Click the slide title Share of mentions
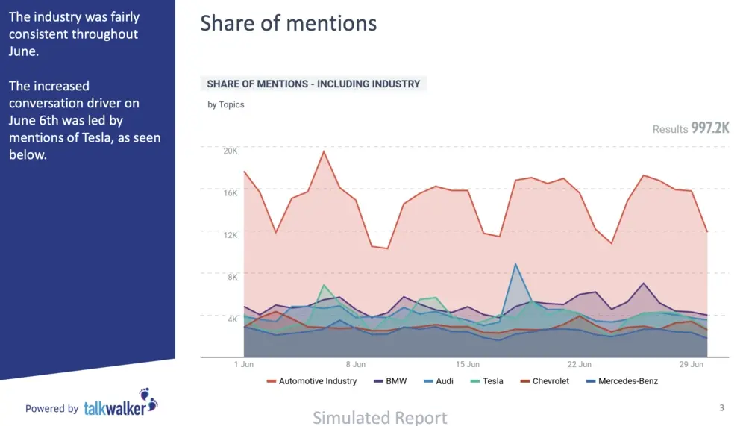(x=288, y=23)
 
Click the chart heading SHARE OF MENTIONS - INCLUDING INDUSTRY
(x=313, y=84)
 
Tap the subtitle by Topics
(x=225, y=104)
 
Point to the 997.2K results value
(x=709, y=128)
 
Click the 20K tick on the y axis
(x=230, y=150)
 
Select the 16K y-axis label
(x=230, y=192)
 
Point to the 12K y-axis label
(x=230, y=234)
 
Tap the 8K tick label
(x=232, y=277)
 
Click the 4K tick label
(x=232, y=319)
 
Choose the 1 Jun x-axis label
(x=244, y=365)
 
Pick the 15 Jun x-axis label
(x=468, y=365)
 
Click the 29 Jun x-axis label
(x=692, y=365)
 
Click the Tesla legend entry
(x=492, y=381)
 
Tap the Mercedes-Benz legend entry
(x=627, y=381)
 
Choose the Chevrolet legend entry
(x=551, y=381)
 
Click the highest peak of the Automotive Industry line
(x=324, y=151)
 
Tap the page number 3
(x=721, y=407)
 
